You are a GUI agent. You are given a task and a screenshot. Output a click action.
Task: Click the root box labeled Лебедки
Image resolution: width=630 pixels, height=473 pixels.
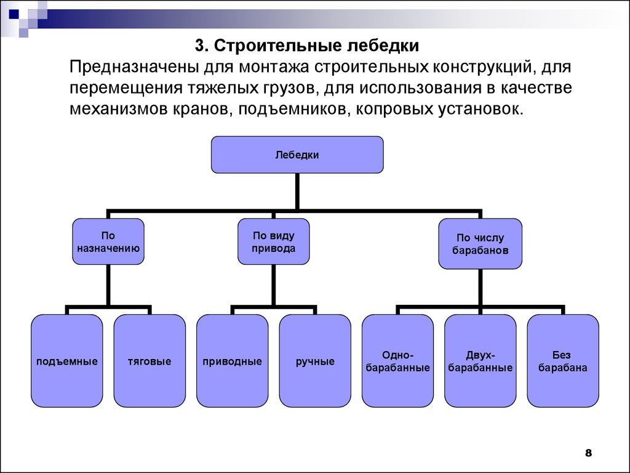pos(297,155)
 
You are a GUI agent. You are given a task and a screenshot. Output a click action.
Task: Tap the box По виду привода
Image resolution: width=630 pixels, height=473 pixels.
pos(274,242)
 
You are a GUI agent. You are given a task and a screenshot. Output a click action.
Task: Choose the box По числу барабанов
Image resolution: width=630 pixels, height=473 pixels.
pos(480,244)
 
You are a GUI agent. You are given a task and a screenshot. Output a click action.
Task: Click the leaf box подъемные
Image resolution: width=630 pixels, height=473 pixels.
pos(66,361)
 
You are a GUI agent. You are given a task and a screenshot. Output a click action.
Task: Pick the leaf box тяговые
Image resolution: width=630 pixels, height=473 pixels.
pos(150,361)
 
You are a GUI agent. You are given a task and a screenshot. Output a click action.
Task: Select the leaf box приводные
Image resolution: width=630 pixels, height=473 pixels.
pos(232,361)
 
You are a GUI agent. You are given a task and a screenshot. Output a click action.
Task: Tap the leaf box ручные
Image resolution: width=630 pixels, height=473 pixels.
pos(315,361)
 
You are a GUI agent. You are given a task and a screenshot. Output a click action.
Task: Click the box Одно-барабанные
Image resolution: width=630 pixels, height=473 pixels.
pos(397,361)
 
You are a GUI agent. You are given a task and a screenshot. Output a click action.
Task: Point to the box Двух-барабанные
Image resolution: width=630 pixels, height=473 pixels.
pos(480,361)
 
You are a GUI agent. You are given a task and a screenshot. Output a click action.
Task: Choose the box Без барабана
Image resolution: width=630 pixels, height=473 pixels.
pos(563,361)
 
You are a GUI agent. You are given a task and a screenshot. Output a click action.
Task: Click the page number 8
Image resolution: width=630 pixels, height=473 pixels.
pos(588,453)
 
